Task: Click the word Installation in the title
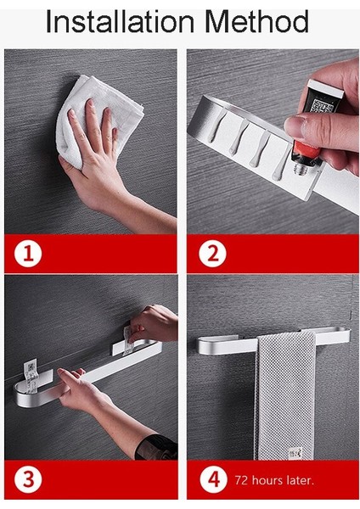[x=120, y=21]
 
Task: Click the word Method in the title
[x=257, y=21]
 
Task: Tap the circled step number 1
[x=28, y=254]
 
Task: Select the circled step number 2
[x=212, y=254]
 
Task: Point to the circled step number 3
[x=28, y=479]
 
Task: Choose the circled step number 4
[x=213, y=479]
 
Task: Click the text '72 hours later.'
[x=274, y=480]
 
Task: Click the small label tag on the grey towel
[x=295, y=453]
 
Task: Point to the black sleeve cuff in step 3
[x=157, y=447]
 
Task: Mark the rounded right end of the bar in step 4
[x=345, y=336]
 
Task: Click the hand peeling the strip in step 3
[x=153, y=323]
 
